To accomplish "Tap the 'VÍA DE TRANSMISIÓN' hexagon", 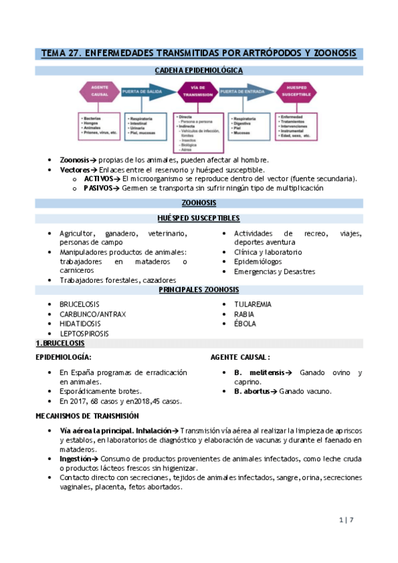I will [197, 94].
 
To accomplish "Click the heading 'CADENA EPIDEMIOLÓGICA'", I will [199, 70].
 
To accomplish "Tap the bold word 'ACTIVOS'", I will [98, 179].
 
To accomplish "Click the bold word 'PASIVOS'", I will [98, 188].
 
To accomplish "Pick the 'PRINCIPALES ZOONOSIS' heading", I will [199, 290].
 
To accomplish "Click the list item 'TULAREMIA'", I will [252, 304].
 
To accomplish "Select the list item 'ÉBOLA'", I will [245, 324].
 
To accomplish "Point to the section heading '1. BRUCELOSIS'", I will [60, 343].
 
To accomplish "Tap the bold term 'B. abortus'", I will [252, 391].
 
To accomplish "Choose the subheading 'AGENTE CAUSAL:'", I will [240, 357].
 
